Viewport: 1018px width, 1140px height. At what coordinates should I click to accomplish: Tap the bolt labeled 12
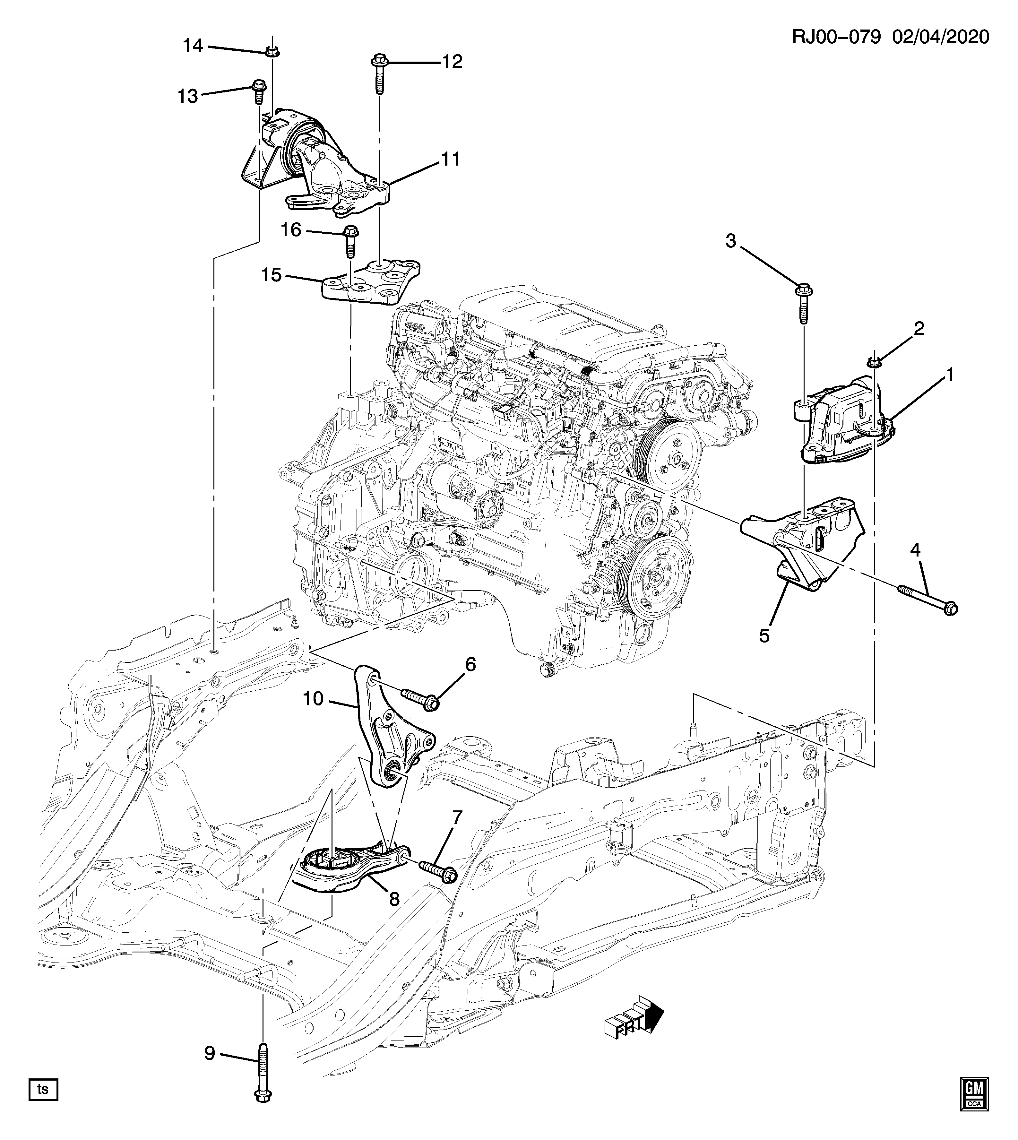[x=380, y=75]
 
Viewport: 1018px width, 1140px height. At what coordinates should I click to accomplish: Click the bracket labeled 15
[x=372, y=281]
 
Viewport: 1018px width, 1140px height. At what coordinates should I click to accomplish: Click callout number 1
[x=949, y=375]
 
